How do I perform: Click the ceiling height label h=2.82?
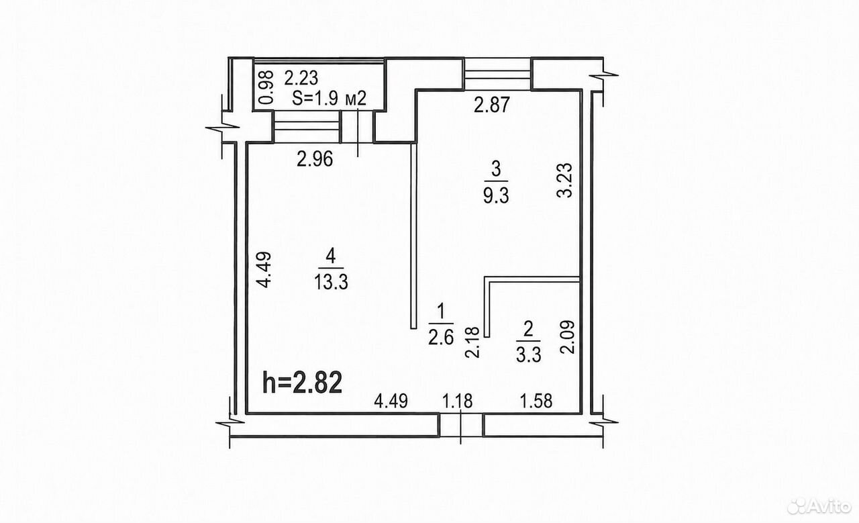[x=302, y=383]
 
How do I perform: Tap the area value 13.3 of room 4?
[x=331, y=283]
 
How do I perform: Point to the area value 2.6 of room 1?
[x=441, y=338]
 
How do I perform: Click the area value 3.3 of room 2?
[x=528, y=355]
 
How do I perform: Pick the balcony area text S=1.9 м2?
[x=330, y=99]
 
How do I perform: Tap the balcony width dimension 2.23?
[x=301, y=79]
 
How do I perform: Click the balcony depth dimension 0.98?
[x=266, y=88]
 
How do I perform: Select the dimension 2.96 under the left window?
[x=315, y=159]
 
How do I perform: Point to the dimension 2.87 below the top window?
[x=492, y=105]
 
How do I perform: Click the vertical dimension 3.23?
[x=564, y=181]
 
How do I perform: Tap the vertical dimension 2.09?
[x=567, y=336]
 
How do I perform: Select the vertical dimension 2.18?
[x=472, y=342]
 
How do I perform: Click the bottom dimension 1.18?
[x=458, y=401]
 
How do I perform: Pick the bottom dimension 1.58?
[x=536, y=401]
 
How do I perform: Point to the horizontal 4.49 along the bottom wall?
[x=391, y=401]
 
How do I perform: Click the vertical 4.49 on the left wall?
[x=264, y=269]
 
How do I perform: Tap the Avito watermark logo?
[x=819, y=507]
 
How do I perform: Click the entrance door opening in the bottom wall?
[x=461, y=425]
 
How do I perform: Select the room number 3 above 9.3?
[x=496, y=170]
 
